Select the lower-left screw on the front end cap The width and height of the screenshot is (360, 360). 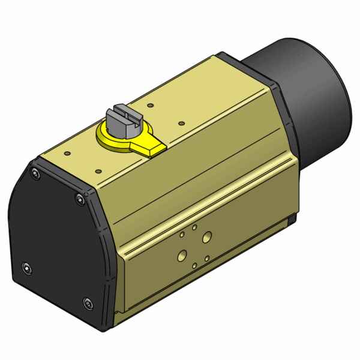26,268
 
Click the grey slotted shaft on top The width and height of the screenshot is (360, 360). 123,118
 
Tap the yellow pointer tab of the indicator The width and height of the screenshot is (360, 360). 149,146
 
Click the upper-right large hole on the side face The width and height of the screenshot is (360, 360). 207,237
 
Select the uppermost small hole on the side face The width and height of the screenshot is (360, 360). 194,228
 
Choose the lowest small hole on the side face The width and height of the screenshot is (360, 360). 194,265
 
